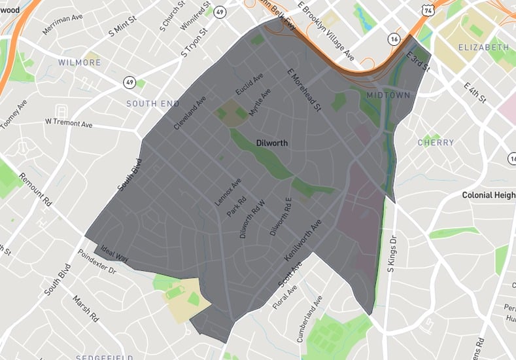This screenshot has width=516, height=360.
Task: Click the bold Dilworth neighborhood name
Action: tap(272, 143)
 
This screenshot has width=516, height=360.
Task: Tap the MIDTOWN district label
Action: tap(388, 96)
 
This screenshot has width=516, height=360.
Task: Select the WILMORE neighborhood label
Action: tap(80, 63)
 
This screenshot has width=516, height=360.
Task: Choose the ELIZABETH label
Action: tap(483, 48)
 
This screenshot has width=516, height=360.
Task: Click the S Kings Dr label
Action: tap(392, 253)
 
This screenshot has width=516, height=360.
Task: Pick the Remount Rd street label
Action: tap(35, 190)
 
